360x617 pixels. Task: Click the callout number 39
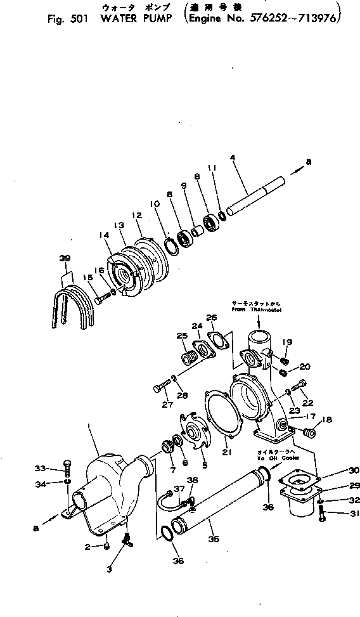(65, 257)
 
